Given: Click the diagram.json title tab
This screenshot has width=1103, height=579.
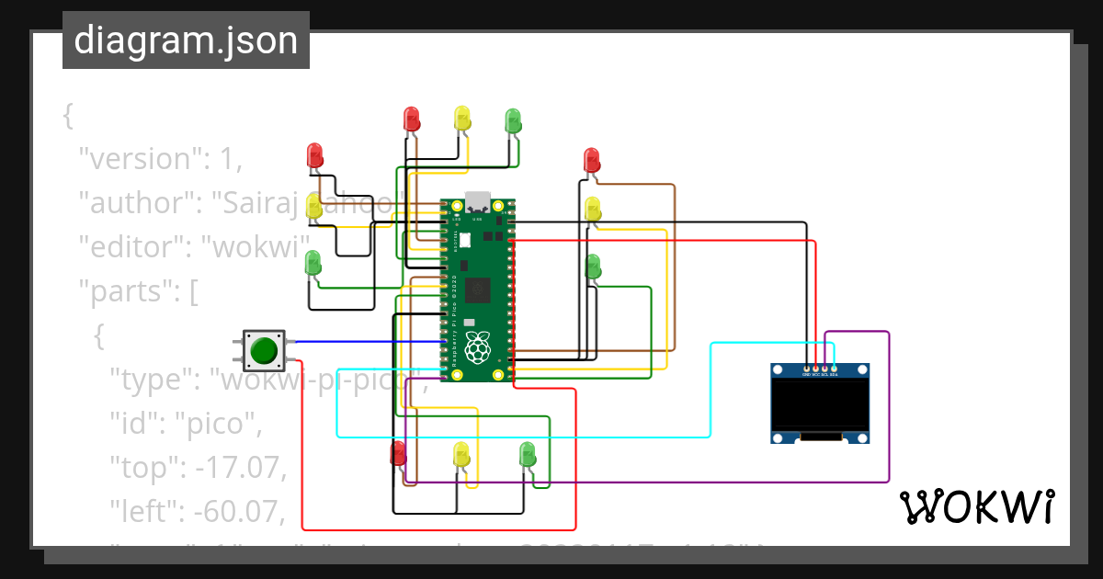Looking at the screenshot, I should click(186, 40).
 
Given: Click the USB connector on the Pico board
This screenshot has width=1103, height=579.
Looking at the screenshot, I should click(478, 201).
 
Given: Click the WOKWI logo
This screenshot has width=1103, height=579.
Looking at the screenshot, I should click(976, 506).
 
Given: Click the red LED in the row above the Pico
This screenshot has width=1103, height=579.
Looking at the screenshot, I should click(411, 119).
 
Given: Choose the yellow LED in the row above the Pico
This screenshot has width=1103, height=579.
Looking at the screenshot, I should click(462, 118).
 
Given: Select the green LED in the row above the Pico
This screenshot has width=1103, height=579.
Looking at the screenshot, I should click(513, 120).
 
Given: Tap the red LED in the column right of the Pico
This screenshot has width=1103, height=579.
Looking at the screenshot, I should click(592, 160).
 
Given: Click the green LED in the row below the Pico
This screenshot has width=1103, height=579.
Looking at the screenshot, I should click(528, 453).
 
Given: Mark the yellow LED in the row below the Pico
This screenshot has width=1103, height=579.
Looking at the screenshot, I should click(461, 453).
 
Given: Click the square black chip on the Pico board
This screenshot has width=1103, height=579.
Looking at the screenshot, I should click(477, 290).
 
